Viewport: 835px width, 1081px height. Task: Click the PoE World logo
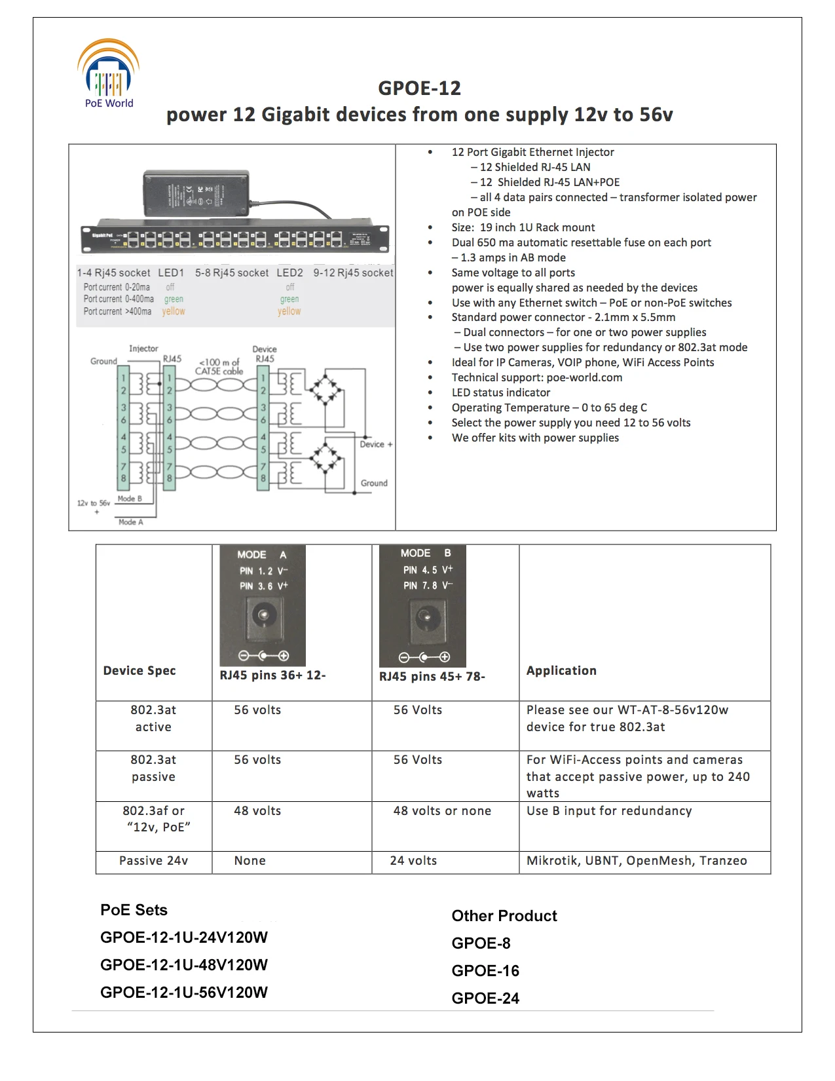(x=109, y=73)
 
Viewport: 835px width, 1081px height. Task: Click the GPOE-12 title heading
(x=419, y=88)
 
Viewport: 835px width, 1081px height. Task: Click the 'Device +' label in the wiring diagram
(x=375, y=444)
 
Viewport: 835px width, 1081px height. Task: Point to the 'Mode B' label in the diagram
(x=130, y=499)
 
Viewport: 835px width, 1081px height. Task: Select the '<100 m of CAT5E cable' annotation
(x=219, y=366)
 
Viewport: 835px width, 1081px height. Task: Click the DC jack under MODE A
(x=263, y=616)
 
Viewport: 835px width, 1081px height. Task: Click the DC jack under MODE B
(x=424, y=616)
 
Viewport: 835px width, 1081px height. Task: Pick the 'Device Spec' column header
(x=139, y=670)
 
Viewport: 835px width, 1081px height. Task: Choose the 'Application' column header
(x=561, y=670)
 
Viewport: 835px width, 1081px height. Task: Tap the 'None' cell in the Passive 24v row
(x=250, y=861)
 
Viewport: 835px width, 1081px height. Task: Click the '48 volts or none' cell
(x=442, y=811)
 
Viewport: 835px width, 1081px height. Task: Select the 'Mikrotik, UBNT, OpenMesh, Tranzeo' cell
(x=637, y=861)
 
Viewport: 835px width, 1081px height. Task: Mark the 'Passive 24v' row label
(x=153, y=861)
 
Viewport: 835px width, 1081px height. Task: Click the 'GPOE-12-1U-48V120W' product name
(x=184, y=965)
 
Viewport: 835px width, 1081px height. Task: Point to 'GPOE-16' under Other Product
(x=485, y=971)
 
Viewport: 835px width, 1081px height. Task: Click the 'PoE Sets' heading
(x=134, y=910)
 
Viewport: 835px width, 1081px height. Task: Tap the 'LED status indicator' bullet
(x=500, y=392)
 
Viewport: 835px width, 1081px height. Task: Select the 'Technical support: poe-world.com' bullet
(x=536, y=377)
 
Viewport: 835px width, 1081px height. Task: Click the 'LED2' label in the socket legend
(x=289, y=273)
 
